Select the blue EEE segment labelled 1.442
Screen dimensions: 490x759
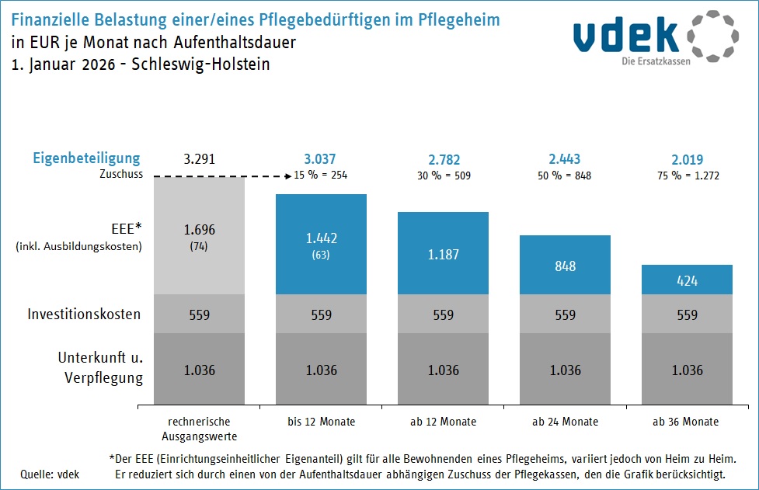pyautogui.click(x=322, y=244)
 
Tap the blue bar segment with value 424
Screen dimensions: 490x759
pyautogui.click(x=688, y=280)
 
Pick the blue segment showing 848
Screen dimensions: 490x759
pyautogui.click(x=565, y=265)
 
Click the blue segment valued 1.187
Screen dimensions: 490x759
pyautogui.click(x=444, y=253)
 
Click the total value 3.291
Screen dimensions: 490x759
pyautogui.click(x=200, y=159)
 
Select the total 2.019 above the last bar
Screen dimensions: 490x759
pyautogui.click(x=688, y=159)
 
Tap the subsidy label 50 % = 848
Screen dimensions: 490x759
pyautogui.click(x=565, y=175)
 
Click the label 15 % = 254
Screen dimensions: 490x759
pyautogui.click(x=321, y=175)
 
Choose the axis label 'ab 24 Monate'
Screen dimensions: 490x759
pyautogui.click(x=565, y=422)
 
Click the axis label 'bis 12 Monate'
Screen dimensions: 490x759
pyautogui.click(x=322, y=422)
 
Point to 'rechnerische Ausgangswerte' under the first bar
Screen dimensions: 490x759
pyautogui.click(x=200, y=429)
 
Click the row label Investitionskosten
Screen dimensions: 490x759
pyautogui.click(x=84, y=315)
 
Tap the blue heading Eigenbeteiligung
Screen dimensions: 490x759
pyautogui.click(x=85, y=158)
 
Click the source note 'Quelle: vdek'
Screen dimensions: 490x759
pyautogui.click(x=50, y=474)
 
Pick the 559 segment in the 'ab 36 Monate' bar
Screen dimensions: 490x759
pyautogui.click(x=688, y=315)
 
